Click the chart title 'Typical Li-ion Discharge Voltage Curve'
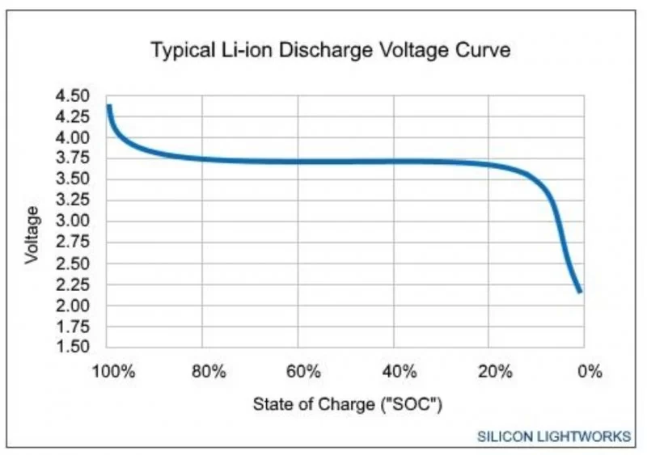click(331, 50)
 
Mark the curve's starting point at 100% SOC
click(108, 106)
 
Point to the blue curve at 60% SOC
click(298, 161)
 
